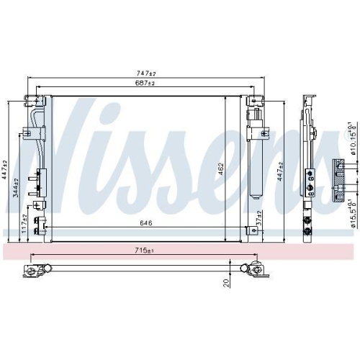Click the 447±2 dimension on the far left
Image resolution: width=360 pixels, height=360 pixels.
(x=6, y=169)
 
